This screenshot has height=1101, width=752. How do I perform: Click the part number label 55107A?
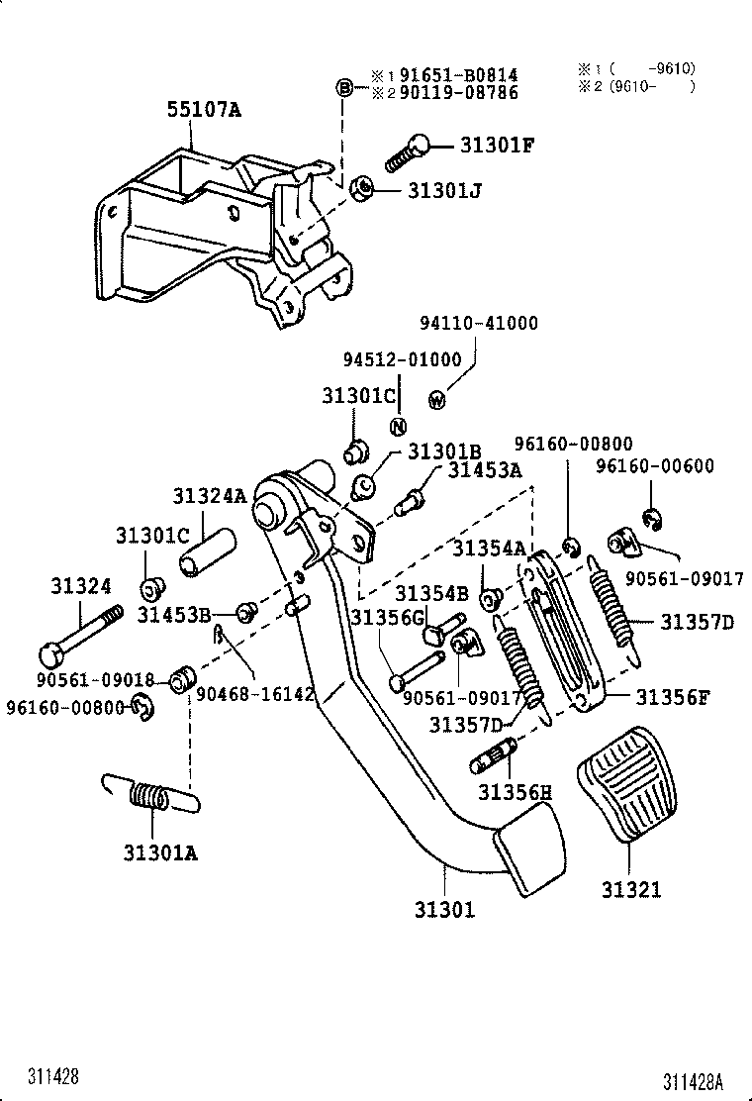coord(203,110)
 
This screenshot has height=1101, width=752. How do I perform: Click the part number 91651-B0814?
coord(458,75)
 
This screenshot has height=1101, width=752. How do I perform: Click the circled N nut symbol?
coord(398,427)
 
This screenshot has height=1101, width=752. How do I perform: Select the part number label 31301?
coord(443,908)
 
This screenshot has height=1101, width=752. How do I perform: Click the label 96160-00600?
coord(655,466)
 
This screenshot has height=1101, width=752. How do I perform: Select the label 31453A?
coord(484,470)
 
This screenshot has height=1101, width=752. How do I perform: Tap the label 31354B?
coord(431,593)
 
